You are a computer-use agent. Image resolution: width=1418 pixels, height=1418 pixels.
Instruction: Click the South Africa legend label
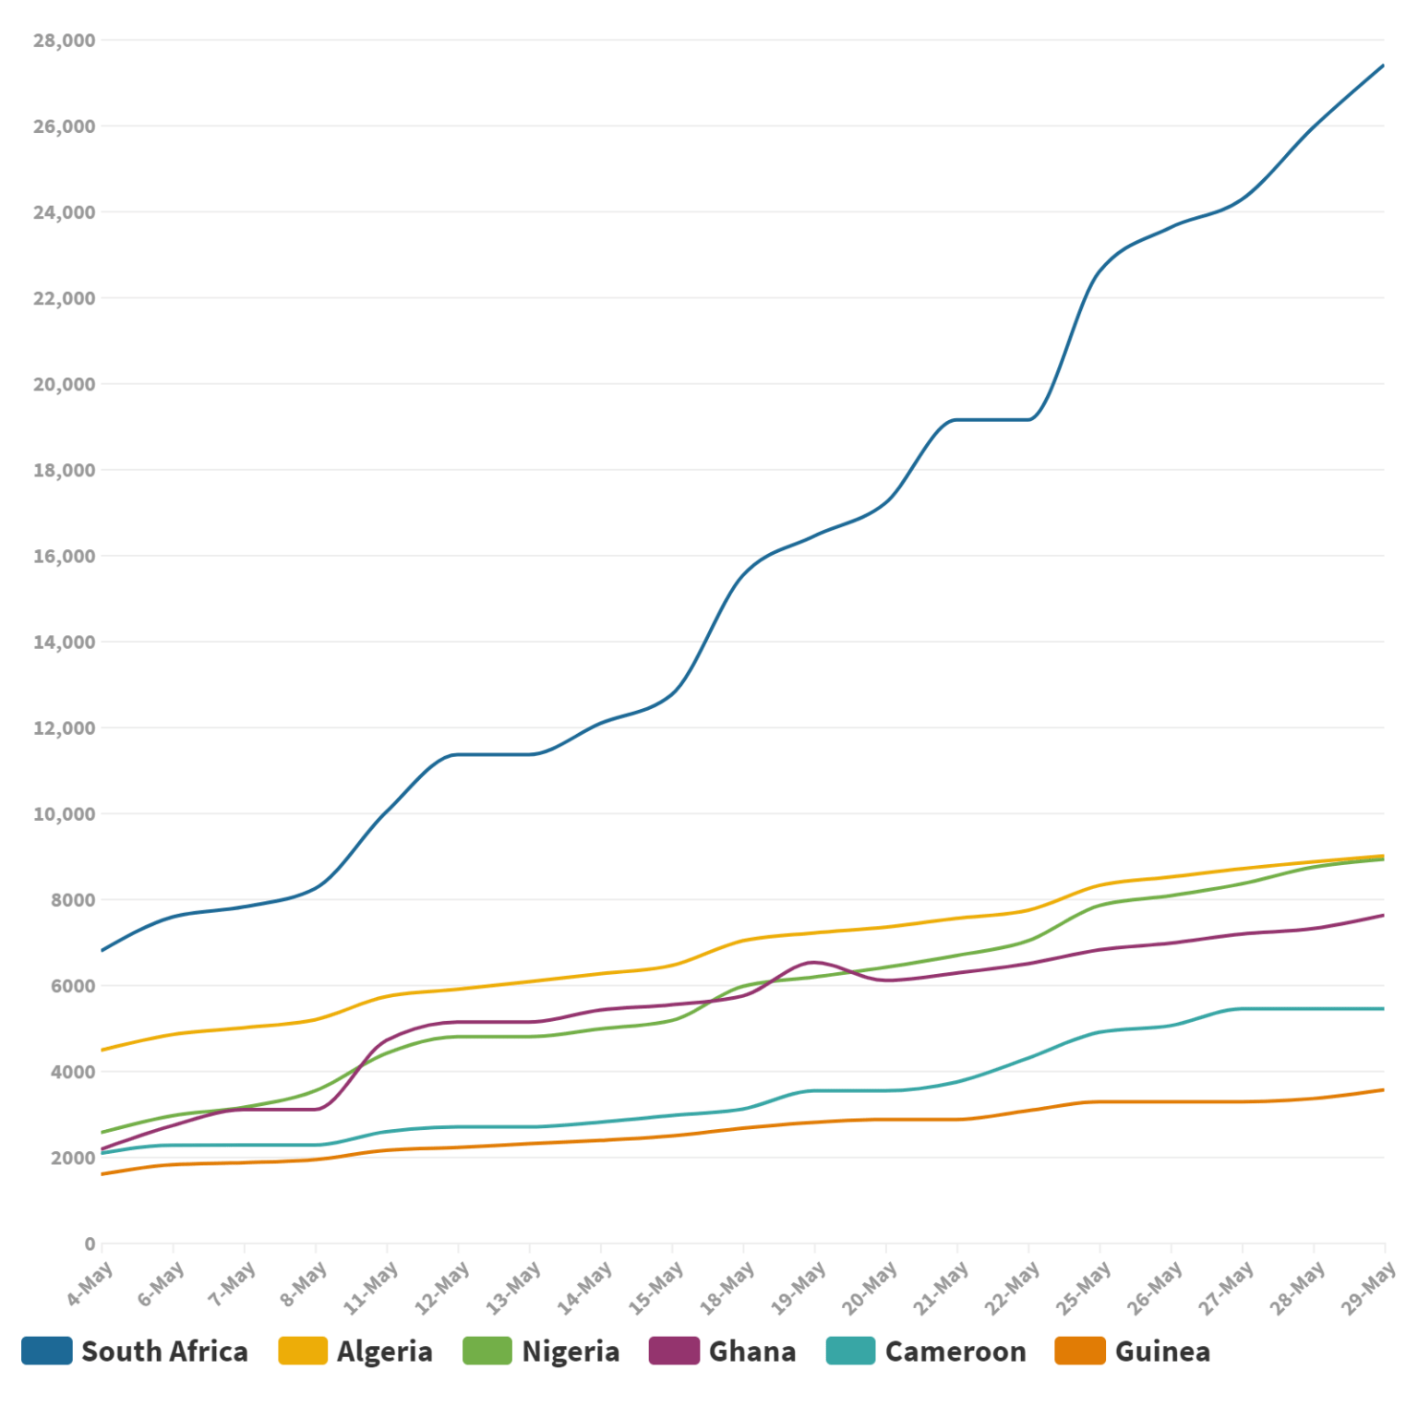pos(164,1352)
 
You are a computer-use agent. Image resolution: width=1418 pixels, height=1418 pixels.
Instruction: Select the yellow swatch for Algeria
pos(303,1351)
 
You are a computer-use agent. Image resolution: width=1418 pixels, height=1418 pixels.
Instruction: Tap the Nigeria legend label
pos(571,1352)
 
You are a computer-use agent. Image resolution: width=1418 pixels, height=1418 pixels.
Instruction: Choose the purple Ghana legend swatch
pos(674,1351)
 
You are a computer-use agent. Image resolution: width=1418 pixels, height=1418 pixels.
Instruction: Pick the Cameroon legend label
pos(955,1352)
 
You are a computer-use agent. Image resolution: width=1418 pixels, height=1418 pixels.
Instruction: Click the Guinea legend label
pos(1162,1352)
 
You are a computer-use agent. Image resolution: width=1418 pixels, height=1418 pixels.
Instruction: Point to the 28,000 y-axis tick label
pos(64,41)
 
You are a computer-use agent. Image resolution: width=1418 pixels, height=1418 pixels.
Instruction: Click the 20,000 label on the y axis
pos(64,384)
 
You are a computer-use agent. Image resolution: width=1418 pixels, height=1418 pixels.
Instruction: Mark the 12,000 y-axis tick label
pos(64,728)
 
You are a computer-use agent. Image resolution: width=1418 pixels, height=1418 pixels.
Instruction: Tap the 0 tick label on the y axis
pos(90,1244)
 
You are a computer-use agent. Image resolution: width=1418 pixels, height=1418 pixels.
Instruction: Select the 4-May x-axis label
pos(90,1284)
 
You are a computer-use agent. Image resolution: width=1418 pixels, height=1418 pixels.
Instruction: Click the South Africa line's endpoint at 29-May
pos(1383,66)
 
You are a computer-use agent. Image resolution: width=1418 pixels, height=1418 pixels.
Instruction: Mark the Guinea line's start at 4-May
pos(102,1174)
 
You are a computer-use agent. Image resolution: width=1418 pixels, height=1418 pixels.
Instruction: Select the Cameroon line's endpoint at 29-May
pos(1383,1009)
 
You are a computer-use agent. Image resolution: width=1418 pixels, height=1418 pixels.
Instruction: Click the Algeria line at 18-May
pos(743,941)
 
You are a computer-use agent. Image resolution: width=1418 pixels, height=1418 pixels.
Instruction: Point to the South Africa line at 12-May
pos(458,754)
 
